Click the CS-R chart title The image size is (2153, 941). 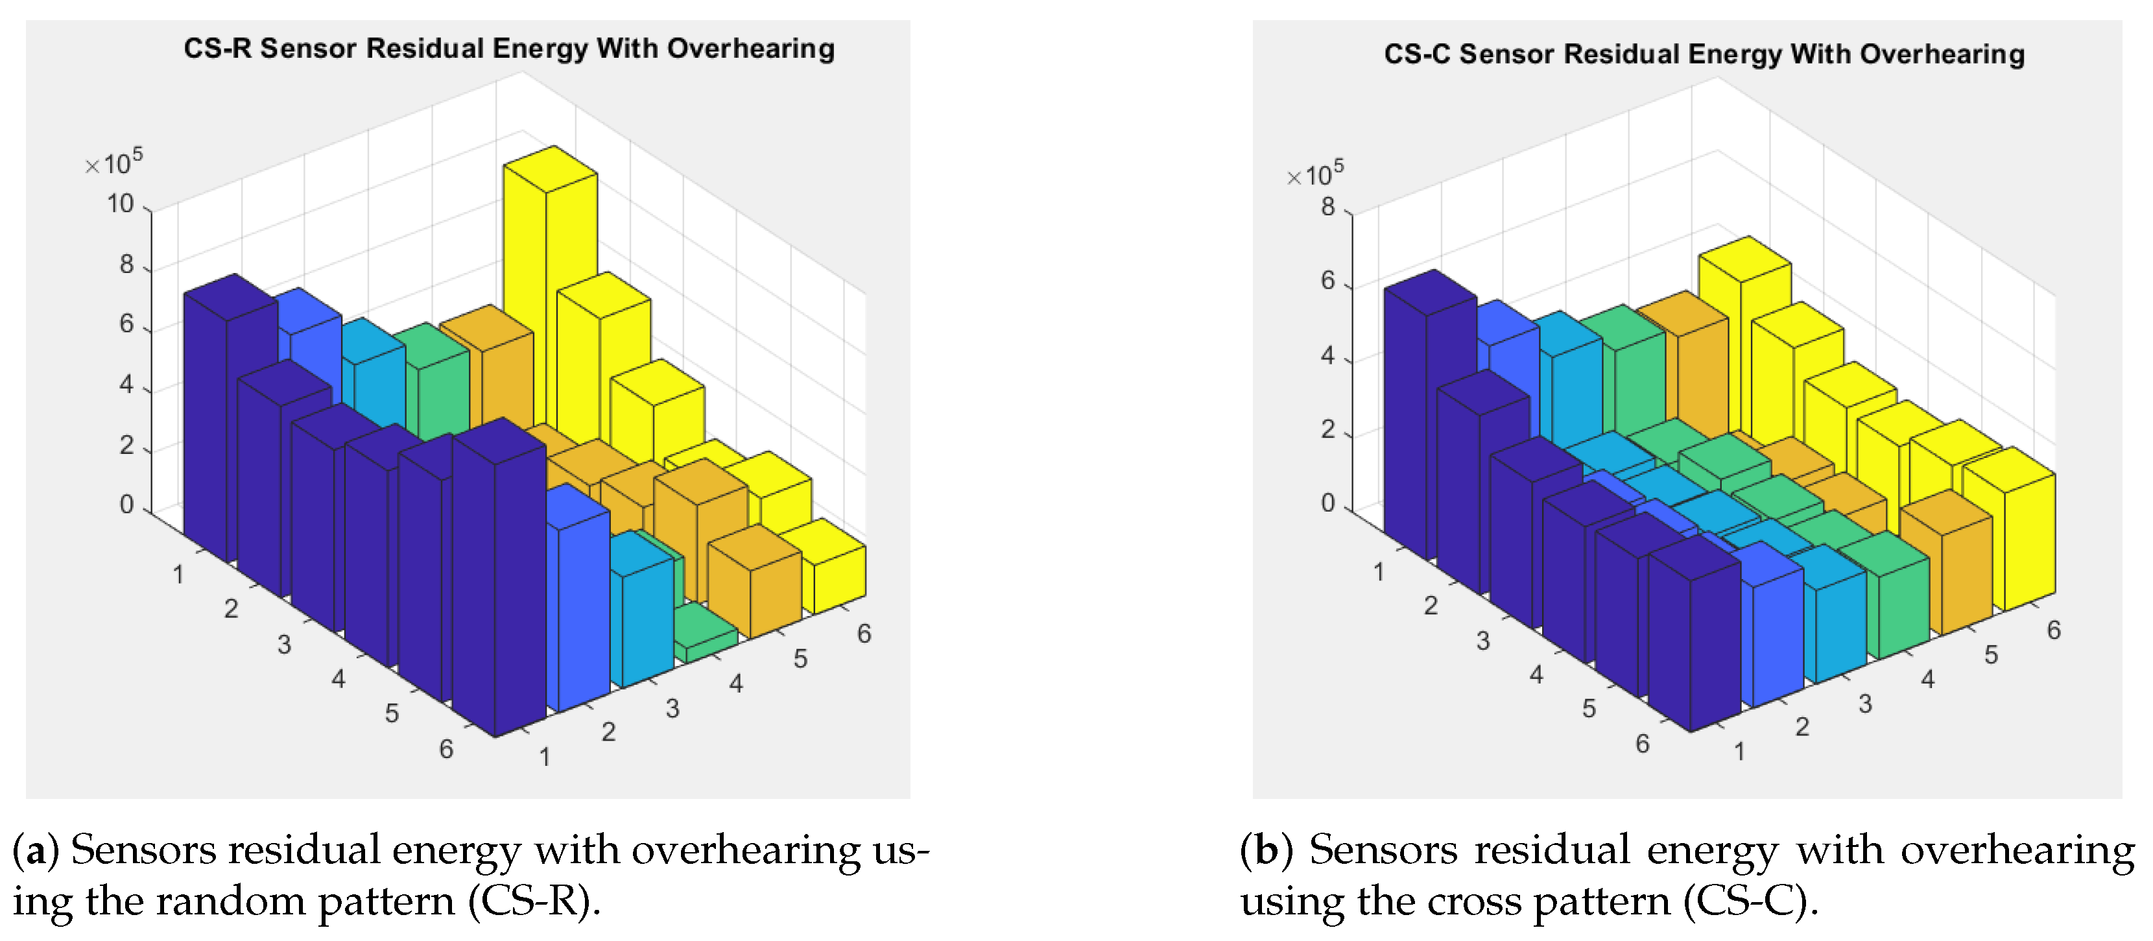508,49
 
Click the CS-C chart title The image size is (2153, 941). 1704,54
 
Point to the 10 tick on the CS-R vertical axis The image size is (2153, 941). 121,204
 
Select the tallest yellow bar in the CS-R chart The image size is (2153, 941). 550,292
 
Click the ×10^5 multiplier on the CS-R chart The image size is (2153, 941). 115,161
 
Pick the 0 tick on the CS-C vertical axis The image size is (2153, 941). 1328,503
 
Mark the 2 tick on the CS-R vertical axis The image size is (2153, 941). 126,446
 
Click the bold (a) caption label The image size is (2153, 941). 35,850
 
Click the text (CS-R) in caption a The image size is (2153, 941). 534,901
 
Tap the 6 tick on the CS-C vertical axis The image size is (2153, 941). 1328,281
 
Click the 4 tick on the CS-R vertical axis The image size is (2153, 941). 126,385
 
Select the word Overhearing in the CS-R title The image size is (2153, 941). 750,49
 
